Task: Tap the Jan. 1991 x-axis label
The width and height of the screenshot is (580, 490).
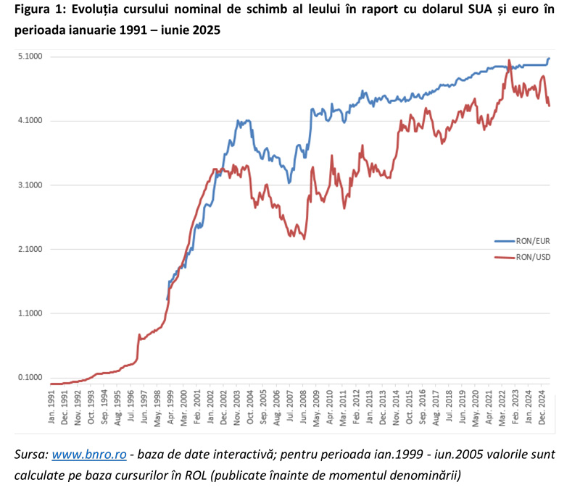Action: coord(52,407)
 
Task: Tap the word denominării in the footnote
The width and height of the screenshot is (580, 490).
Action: coord(426,475)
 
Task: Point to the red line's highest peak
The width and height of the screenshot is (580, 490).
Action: coord(510,60)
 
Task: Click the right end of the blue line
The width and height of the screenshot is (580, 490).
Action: coord(550,58)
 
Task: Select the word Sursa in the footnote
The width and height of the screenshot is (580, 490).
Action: coord(30,454)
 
